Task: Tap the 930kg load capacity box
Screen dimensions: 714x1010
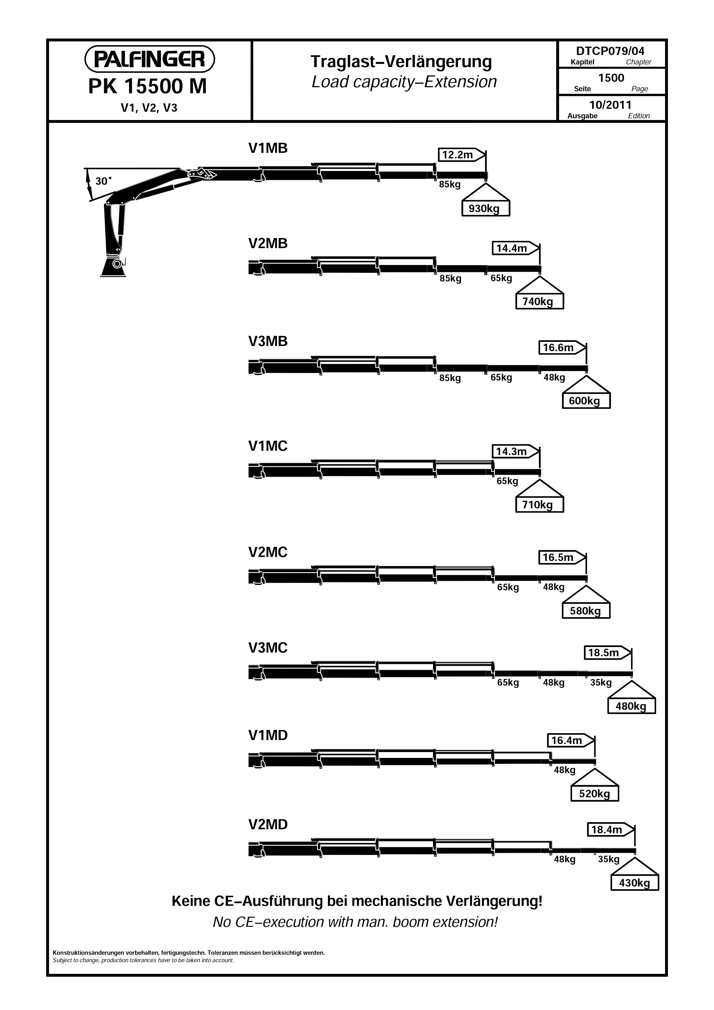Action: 486,208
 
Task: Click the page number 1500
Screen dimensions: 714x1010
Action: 611,78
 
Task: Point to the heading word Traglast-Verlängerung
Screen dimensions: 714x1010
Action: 401,62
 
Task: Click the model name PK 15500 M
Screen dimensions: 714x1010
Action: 147,87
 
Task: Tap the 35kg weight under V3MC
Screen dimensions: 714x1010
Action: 601,683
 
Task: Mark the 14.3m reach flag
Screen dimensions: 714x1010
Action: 515,451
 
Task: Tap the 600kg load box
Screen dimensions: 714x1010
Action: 586,401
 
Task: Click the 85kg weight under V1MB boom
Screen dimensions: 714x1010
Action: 450,184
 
